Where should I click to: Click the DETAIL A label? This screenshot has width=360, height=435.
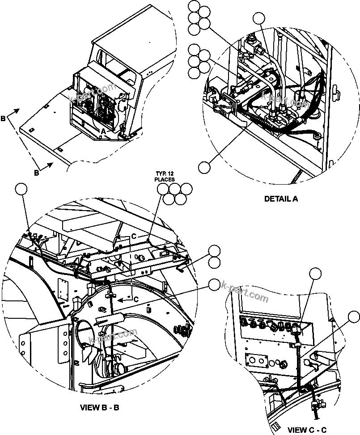point(281,199)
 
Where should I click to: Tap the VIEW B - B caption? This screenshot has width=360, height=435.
point(99,407)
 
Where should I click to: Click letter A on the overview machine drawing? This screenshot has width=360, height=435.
point(103,131)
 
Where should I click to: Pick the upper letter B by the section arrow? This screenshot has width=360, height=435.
point(4,119)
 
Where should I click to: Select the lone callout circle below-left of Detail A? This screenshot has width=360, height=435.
point(204,167)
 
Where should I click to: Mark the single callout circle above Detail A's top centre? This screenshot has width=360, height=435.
point(259,18)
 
